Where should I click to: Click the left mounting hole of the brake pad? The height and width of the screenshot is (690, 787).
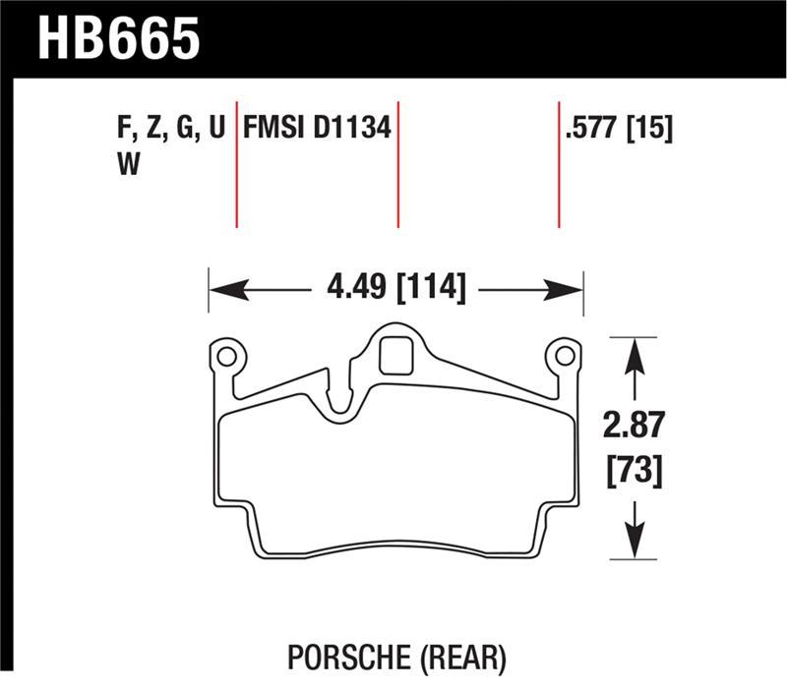[x=225, y=354]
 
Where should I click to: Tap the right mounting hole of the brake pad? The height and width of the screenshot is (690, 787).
[x=565, y=354]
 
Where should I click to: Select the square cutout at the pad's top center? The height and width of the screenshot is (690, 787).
[x=395, y=355]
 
